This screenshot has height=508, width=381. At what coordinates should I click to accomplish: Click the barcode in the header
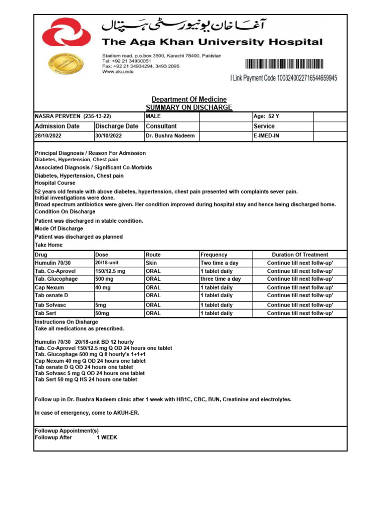(x=284, y=63)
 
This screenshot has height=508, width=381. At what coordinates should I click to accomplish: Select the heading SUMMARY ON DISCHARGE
(x=189, y=107)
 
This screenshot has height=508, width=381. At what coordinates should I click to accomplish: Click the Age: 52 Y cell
(x=266, y=116)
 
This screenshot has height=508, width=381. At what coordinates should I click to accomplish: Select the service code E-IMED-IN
(x=266, y=135)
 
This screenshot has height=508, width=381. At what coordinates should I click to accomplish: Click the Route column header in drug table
(x=153, y=254)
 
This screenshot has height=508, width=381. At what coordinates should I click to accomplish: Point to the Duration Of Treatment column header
(x=300, y=254)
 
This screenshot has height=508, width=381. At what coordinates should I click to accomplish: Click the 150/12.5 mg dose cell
(x=110, y=271)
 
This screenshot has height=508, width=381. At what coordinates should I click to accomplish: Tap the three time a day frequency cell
(x=220, y=279)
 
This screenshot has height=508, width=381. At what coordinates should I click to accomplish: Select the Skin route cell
(x=151, y=262)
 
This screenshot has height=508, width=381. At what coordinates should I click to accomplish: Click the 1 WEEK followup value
(x=107, y=438)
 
